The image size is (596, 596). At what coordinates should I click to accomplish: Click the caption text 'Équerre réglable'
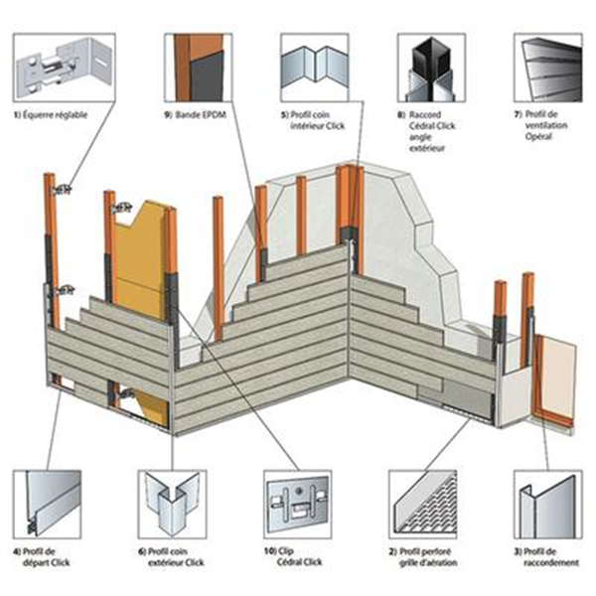click(56, 115)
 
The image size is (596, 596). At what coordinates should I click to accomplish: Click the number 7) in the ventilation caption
click(518, 115)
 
